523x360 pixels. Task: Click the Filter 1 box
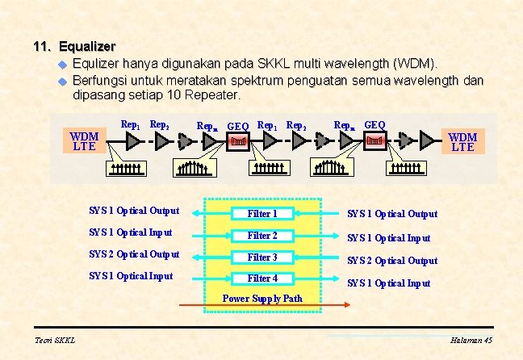tap(261, 214)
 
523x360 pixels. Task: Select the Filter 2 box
tap(261, 236)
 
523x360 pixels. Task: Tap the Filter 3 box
tap(261, 257)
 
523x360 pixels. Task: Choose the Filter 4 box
tap(261, 278)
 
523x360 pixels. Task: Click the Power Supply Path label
tap(262, 299)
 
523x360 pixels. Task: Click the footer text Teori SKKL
tap(55, 341)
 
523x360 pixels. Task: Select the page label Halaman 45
tap(471, 341)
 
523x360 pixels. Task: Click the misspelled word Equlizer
tap(99, 63)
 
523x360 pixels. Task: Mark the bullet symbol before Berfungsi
tap(61, 81)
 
